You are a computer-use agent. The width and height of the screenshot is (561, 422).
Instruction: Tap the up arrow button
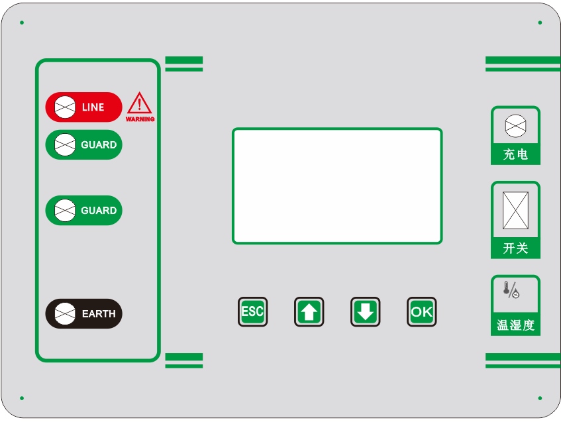tap(309, 311)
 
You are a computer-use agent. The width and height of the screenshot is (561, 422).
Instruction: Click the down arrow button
tap(365, 311)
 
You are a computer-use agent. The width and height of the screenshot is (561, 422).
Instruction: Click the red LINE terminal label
tap(84, 107)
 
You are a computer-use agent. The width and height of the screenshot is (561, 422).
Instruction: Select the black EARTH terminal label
tap(84, 314)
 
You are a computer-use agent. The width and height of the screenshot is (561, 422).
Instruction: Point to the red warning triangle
tap(140, 103)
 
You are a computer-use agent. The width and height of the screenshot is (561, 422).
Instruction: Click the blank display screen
tap(336, 185)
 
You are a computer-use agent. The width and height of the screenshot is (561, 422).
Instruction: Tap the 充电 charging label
tap(515, 154)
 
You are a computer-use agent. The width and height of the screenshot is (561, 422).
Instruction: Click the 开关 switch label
tap(515, 248)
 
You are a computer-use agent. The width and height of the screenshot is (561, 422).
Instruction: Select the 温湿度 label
tap(515, 326)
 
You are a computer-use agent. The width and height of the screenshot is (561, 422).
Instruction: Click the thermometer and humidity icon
tap(511, 290)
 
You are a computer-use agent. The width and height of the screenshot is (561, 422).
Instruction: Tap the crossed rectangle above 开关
tap(515, 210)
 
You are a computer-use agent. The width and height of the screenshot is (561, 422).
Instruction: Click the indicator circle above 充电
tap(515, 125)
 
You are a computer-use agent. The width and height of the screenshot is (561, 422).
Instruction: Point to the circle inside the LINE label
tap(64, 107)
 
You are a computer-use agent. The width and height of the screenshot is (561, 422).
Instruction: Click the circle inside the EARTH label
tap(64, 314)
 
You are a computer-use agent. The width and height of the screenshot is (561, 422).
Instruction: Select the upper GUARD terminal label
tap(84, 145)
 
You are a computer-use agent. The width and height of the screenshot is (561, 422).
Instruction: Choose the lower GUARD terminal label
tap(84, 211)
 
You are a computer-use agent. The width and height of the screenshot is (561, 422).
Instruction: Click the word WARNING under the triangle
tap(140, 119)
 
